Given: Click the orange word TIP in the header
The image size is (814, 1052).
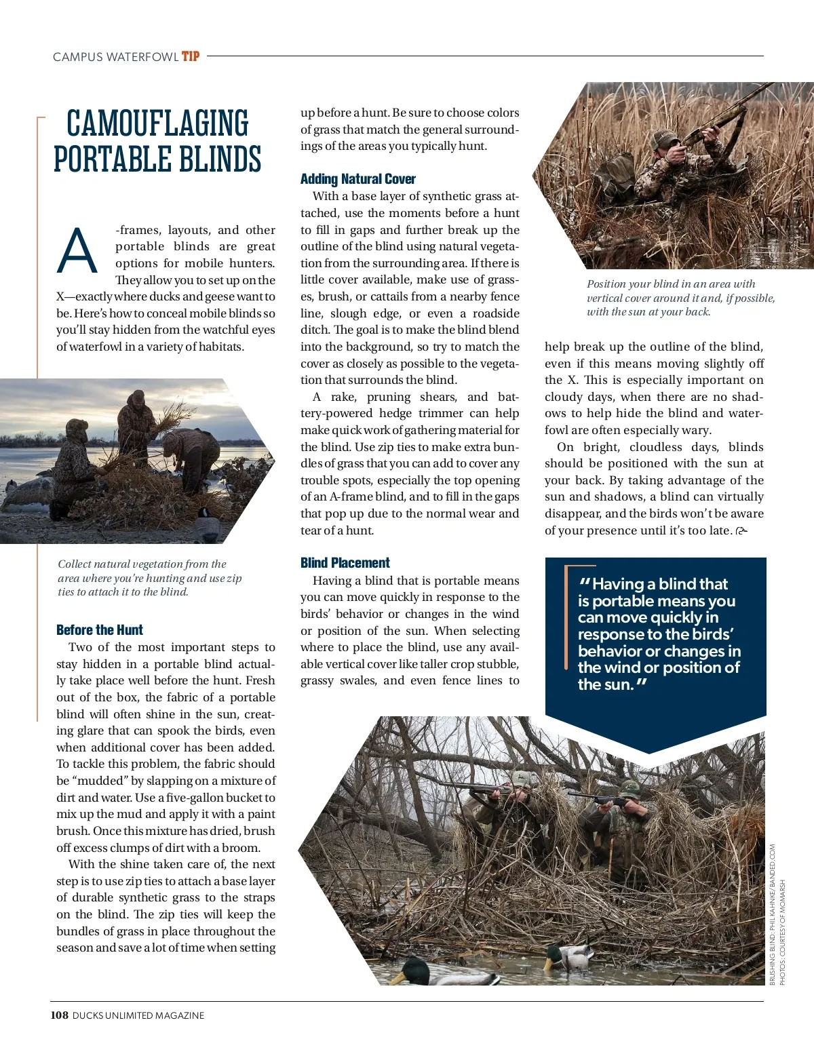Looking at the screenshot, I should (191, 56).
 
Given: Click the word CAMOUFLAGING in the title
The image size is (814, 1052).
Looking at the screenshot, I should (157, 123).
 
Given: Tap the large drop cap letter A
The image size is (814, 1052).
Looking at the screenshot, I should (77, 251).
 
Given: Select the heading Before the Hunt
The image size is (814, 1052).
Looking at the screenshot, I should (100, 629).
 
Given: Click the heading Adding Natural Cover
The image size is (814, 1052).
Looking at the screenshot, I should (357, 179).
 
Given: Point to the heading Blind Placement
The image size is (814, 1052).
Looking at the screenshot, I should (345, 562).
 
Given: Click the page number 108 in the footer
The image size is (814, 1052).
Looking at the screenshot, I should (59, 1015).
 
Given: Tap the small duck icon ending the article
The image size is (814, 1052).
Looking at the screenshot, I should (741, 531).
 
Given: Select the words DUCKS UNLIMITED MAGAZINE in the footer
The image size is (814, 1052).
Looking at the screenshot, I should (138, 1015).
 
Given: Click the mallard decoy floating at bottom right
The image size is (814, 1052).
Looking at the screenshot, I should (566, 958).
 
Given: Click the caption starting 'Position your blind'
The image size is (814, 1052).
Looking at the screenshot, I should (680, 298).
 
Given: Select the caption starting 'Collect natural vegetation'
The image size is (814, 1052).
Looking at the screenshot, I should (149, 578).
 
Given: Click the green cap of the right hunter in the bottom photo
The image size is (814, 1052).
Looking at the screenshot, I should (629, 788).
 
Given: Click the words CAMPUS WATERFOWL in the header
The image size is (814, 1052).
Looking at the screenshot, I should (115, 57).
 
